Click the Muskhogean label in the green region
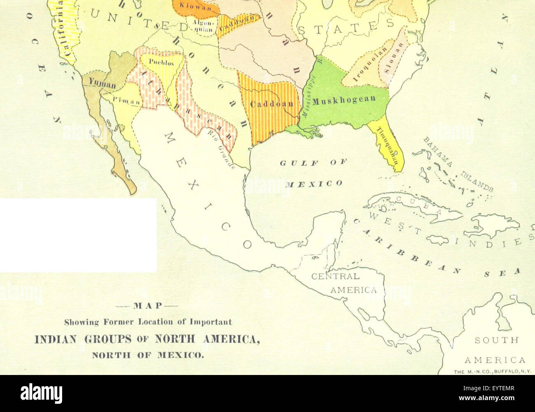(344, 100)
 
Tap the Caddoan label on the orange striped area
(272, 103)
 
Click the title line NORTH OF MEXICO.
(148, 355)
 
